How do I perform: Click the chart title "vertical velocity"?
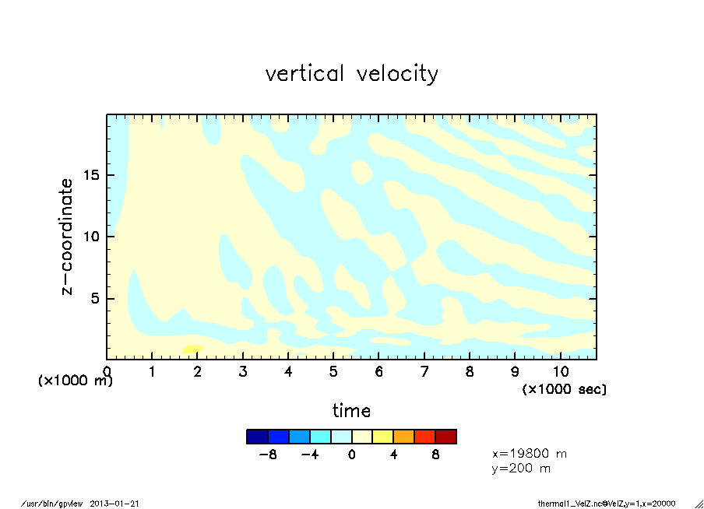[x=351, y=74]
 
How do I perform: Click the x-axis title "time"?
[x=351, y=410]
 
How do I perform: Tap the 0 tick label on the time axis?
[x=107, y=372]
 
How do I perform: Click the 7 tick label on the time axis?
[x=424, y=372]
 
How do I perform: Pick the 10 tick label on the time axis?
[x=560, y=372]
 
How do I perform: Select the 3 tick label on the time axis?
[x=243, y=372]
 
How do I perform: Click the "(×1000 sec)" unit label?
[x=564, y=388]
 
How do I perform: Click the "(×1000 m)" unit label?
[x=76, y=381]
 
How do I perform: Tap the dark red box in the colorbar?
[x=445, y=437]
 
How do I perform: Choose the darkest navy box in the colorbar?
[x=257, y=437]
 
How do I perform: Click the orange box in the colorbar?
[x=403, y=437]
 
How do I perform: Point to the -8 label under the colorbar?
[x=268, y=454]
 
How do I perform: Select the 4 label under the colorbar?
[x=393, y=454]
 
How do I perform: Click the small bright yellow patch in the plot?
[x=192, y=349]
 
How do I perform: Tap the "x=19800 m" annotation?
[x=529, y=453]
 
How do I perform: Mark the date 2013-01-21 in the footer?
[x=120, y=503]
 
